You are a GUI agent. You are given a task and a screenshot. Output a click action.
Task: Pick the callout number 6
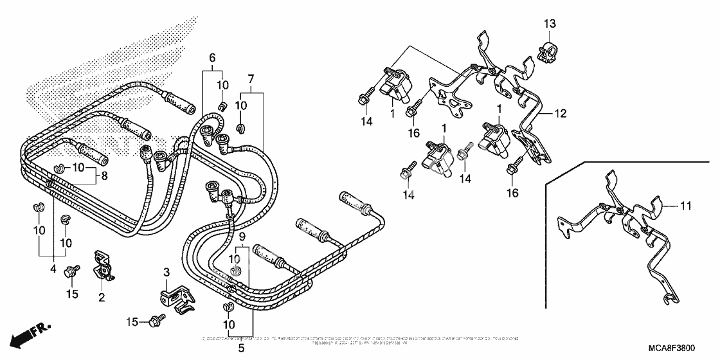[212, 58]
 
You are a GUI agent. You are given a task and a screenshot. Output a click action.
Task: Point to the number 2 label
[102, 297]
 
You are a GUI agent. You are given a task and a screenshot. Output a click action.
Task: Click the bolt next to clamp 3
[155, 319]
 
